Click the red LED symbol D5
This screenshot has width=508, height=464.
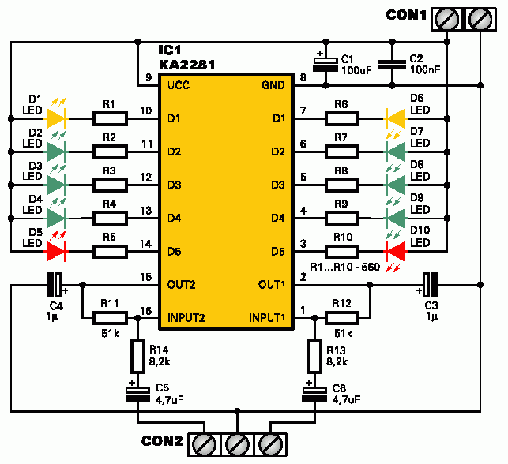[x=56, y=252]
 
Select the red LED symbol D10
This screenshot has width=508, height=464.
[x=395, y=252]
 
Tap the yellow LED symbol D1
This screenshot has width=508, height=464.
[x=56, y=118]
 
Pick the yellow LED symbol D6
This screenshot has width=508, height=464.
[x=395, y=118]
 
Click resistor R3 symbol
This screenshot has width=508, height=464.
[x=110, y=185]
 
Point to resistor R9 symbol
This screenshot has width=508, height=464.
[x=341, y=218]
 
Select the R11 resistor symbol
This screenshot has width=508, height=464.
[x=110, y=317]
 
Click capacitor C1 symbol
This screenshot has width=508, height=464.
[x=324, y=65]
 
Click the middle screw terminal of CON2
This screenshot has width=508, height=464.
[x=237, y=443]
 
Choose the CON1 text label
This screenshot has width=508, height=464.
[x=408, y=15]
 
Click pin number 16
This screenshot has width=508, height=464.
[x=145, y=310]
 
